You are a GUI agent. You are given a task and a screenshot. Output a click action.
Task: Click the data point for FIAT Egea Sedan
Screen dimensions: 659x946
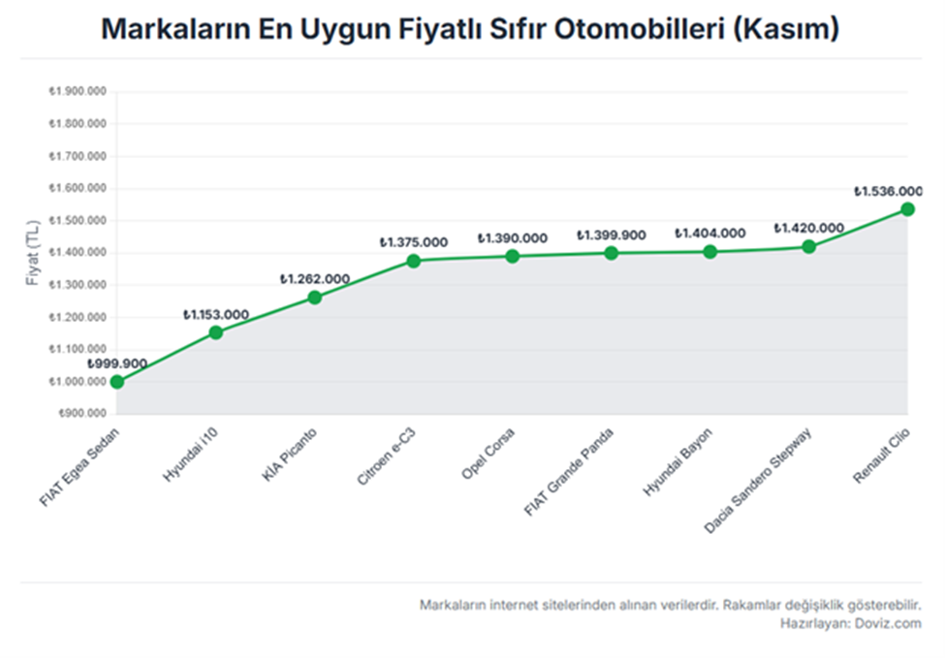(117, 382)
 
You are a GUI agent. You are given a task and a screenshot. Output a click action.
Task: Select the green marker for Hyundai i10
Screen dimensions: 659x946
(216, 332)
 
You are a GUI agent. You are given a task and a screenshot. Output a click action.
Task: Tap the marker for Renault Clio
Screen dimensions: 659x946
(907, 209)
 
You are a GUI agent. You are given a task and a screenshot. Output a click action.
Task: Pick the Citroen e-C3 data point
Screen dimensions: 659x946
(414, 261)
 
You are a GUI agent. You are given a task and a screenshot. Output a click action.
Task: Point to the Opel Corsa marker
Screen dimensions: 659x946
(513, 256)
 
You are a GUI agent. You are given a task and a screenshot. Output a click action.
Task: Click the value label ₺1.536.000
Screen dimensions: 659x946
(888, 192)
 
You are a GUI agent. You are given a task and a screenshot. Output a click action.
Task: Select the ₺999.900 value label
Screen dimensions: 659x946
(117, 363)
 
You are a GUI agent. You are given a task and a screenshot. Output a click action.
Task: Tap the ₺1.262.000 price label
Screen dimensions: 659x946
(315, 279)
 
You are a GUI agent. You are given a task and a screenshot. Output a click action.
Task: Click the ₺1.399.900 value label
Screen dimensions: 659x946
(612, 235)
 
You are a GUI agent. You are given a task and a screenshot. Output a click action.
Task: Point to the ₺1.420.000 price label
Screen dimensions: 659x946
(808, 228)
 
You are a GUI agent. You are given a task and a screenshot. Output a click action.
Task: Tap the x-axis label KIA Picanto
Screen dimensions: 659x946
(290, 458)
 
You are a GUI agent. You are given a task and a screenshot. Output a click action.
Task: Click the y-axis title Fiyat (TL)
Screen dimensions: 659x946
(34, 253)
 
